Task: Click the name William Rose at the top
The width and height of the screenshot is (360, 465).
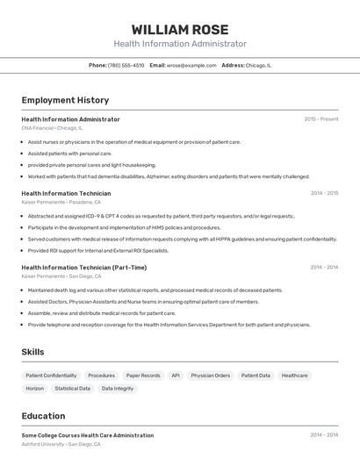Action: [179, 30]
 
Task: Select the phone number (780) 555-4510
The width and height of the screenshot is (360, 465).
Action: [126, 65]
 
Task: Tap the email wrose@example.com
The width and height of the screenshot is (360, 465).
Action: [191, 65]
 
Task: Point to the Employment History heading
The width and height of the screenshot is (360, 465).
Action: [65, 100]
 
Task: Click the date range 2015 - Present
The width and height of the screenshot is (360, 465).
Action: [320, 118]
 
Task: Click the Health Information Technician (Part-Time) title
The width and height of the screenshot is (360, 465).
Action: [83, 267]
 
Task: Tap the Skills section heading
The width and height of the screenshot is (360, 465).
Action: [33, 352]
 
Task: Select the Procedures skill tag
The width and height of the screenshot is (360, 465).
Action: [101, 375]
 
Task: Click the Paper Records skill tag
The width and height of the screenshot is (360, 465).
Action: [143, 375]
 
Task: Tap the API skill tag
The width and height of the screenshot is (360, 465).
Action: [176, 375]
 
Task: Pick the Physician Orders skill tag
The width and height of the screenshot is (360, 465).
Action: [210, 375]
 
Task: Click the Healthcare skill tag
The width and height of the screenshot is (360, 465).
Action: [294, 375]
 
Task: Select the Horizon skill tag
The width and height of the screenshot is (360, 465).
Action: [35, 388]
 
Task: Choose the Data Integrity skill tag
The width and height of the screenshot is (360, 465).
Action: [118, 388]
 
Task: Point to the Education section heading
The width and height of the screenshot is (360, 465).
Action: [43, 416]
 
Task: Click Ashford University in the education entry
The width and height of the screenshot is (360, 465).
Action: [43, 444]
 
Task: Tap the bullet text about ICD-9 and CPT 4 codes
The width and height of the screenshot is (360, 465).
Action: [161, 216]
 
